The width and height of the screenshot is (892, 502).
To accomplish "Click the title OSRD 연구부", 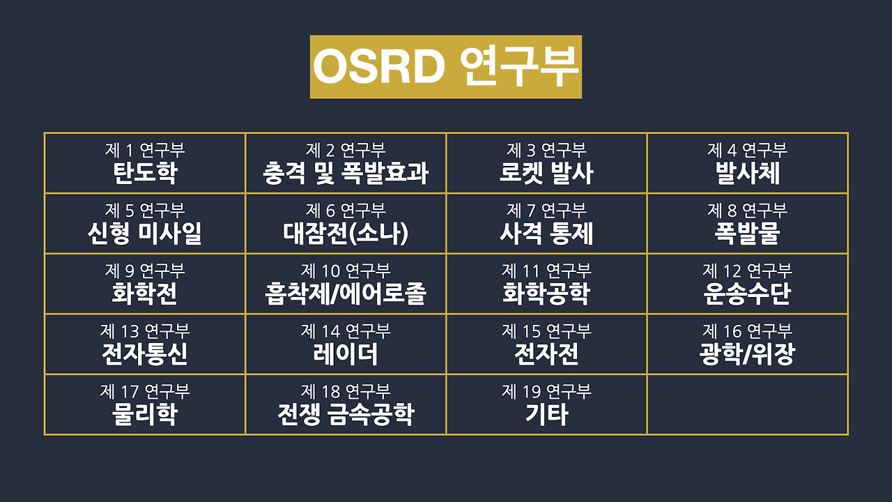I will click(x=445, y=66).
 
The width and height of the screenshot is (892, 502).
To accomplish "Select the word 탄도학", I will click(x=144, y=174).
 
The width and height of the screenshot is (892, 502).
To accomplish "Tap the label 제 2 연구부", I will click(x=346, y=150).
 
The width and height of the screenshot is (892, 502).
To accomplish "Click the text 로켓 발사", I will click(x=546, y=174).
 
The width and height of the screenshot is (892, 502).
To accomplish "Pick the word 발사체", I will click(x=747, y=174).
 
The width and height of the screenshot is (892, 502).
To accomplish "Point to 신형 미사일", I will click(x=144, y=234).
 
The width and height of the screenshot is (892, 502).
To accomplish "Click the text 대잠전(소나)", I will click(x=346, y=234).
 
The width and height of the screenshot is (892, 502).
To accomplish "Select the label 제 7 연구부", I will click(x=546, y=210).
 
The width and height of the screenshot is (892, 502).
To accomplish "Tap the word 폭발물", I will click(x=747, y=234).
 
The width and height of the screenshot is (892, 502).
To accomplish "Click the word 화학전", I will click(x=144, y=294).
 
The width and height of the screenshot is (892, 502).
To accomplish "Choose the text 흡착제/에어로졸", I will click(x=346, y=294).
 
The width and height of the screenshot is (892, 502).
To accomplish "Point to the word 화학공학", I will click(x=546, y=294).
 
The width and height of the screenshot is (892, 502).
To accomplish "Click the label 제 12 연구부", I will click(x=747, y=271).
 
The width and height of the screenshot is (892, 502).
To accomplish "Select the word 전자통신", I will click(x=144, y=355).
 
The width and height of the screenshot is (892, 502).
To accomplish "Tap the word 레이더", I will click(x=346, y=355).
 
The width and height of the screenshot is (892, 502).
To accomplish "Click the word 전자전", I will click(x=546, y=355).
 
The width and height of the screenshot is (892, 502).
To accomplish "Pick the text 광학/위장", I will click(x=747, y=355).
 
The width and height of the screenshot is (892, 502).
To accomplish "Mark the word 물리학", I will click(x=144, y=415).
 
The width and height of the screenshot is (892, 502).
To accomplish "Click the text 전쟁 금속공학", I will click(x=346, y=415).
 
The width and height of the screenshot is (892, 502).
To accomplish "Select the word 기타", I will click(x=546, y=415).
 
